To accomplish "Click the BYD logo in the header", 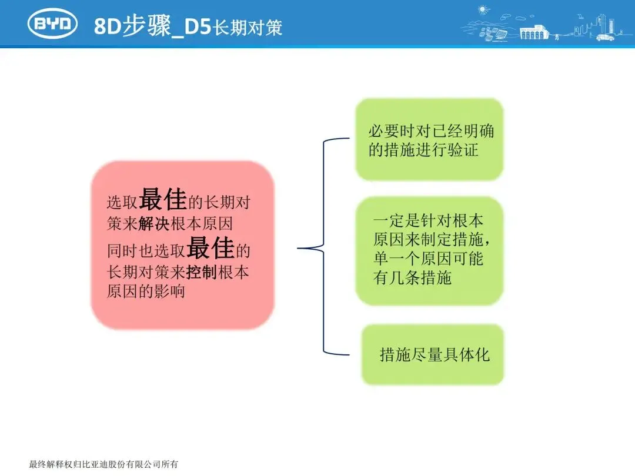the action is pyautogui.click(x=53, y=24).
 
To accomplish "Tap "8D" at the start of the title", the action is pyautogui.click(x=108, y=26).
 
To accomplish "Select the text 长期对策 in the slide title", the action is pyautogui.click(x=248, y=28).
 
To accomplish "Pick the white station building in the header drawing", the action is pyautogui.click(x=533, y=32).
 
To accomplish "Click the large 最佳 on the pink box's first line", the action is pyautogui.click(x=163, y=200).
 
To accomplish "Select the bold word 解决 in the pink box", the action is pyautogui.click(x=154, y=224).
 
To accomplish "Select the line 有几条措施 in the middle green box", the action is pyautogui.click(x=412, y=277).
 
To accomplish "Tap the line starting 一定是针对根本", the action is pyautogui.click(x=428, y=222).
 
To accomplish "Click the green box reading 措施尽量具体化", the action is pyautogui.click(x=433, y=355).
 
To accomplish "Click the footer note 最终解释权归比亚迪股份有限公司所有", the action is pyautogui.click(x=103, y=465).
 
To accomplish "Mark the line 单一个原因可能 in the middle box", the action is pyautogui.click(x=428, y=259).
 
